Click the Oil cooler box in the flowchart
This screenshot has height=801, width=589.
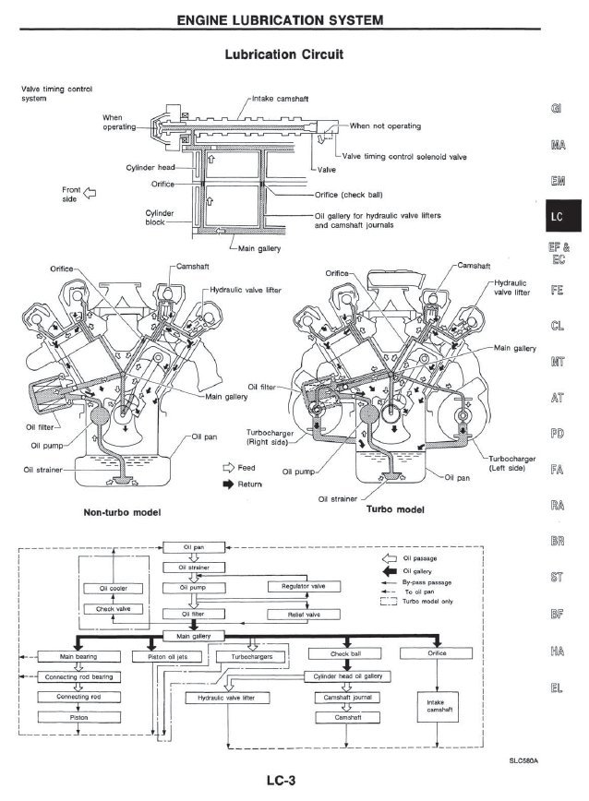[x=111, y=588]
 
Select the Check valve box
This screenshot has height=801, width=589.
[x=111, y=609]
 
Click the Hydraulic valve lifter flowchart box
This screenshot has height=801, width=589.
[x=227, y=699]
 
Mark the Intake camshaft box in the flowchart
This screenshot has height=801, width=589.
[x=435, y=707]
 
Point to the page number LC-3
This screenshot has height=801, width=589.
[x=284, y=781]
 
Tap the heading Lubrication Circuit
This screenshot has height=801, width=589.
[x=284, y=54]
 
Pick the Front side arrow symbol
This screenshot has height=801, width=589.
[x=90, y=193]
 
